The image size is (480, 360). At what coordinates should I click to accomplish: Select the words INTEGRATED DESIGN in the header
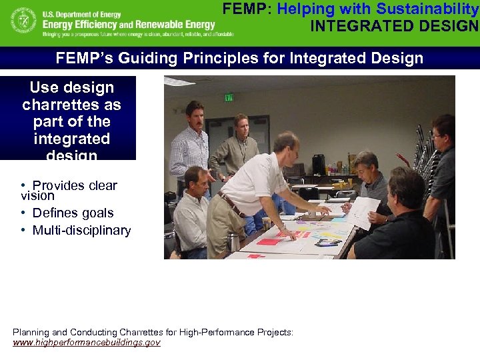tap(395, 26)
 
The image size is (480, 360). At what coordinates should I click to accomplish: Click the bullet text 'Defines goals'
tap(73, 213)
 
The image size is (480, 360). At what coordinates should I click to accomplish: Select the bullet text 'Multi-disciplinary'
tap(81, 231)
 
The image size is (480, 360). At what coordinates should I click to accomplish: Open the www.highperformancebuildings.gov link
tap(87, 342)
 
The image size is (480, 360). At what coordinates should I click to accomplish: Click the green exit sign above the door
tap(229, 97)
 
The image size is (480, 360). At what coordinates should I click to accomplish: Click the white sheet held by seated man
tap(363, 211)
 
